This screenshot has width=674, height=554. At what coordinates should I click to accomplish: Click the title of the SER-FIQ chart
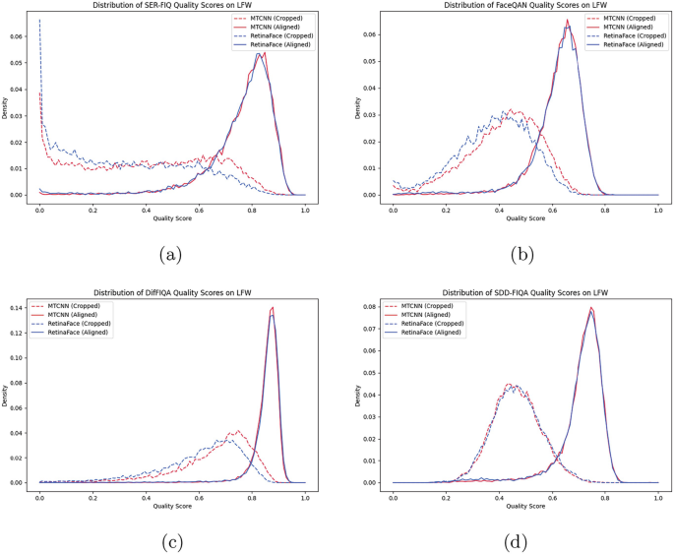[172, 6]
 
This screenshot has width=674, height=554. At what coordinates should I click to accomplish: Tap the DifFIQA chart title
[172, 292]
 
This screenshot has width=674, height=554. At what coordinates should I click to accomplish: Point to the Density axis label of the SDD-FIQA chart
[358, 394]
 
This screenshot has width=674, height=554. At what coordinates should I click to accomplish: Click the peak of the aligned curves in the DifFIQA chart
[271, 308]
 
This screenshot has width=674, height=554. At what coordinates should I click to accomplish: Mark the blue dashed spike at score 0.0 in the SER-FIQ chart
[39, 21]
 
